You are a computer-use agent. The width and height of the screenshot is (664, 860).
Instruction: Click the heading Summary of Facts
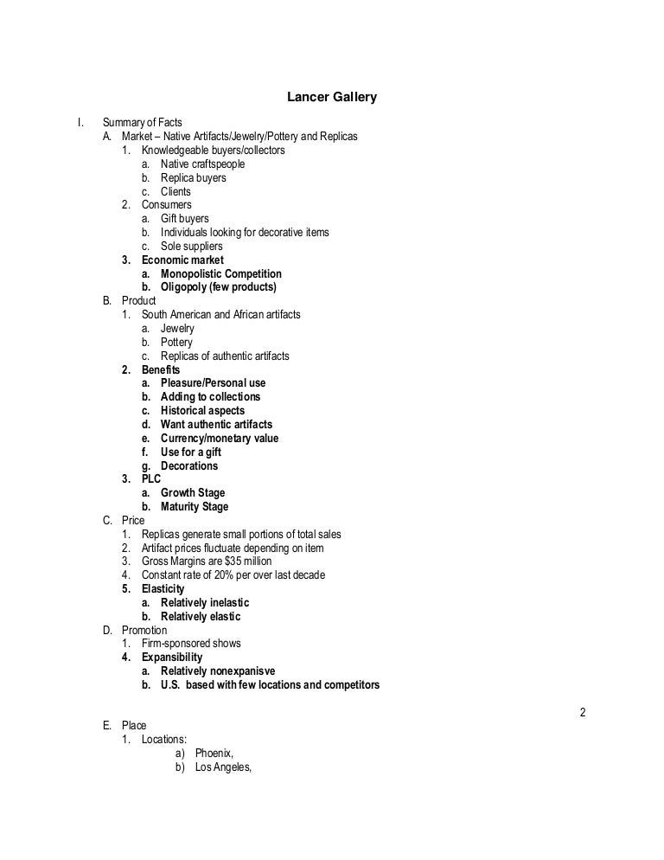click(145, 123)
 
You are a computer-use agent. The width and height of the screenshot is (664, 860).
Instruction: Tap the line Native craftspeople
click(202, 164)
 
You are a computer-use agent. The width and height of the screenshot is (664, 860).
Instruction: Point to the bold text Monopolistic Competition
click(221, 273)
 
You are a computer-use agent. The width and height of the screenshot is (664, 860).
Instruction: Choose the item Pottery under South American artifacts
click(176, 343)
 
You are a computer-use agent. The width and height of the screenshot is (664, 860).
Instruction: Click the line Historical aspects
click(202, 411)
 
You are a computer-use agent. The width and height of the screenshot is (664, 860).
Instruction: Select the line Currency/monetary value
click(220, 439)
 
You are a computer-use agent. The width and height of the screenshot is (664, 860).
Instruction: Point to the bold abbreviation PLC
click(151, 479)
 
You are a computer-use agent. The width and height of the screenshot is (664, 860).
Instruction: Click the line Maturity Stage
click(195, 507)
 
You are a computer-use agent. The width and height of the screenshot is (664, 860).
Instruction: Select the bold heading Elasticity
click(163, 589)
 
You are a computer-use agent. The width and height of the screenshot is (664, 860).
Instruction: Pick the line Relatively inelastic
click(211, 603)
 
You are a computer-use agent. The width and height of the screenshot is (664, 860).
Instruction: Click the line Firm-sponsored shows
click(191, 644)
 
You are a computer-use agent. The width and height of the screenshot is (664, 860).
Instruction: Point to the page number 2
click(583, 713)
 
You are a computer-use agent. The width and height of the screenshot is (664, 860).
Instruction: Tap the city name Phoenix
click(214, 753)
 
